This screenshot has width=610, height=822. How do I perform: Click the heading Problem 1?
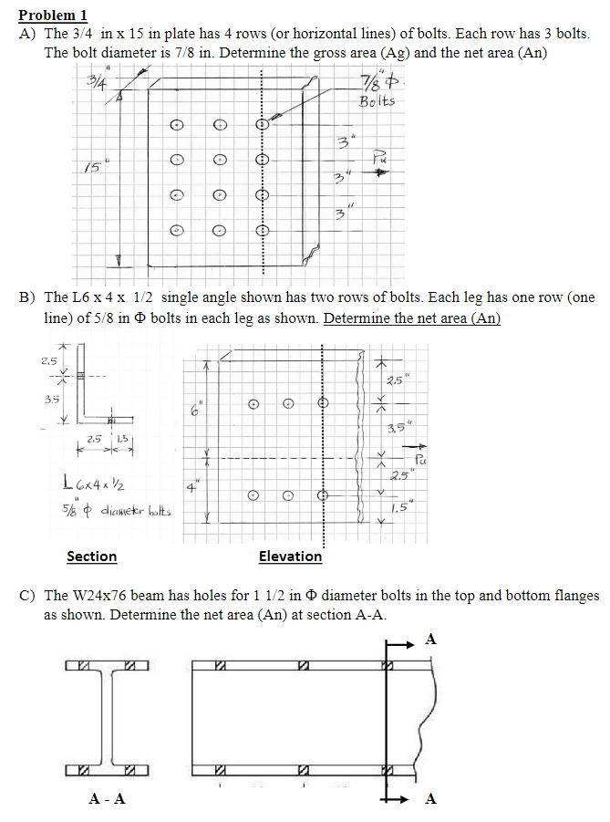(x=53, y=15)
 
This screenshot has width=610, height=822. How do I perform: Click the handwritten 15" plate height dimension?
(x=89, y=167)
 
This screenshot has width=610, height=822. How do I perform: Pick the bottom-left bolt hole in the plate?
(x=178, y=232)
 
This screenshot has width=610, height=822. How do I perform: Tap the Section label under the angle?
(x=91, y=556)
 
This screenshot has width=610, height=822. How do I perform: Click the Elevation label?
(x=290, y=556)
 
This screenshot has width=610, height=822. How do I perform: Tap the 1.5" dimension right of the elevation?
(x=394, y=509)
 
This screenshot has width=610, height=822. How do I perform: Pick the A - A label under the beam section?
(x=107, y=799)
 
